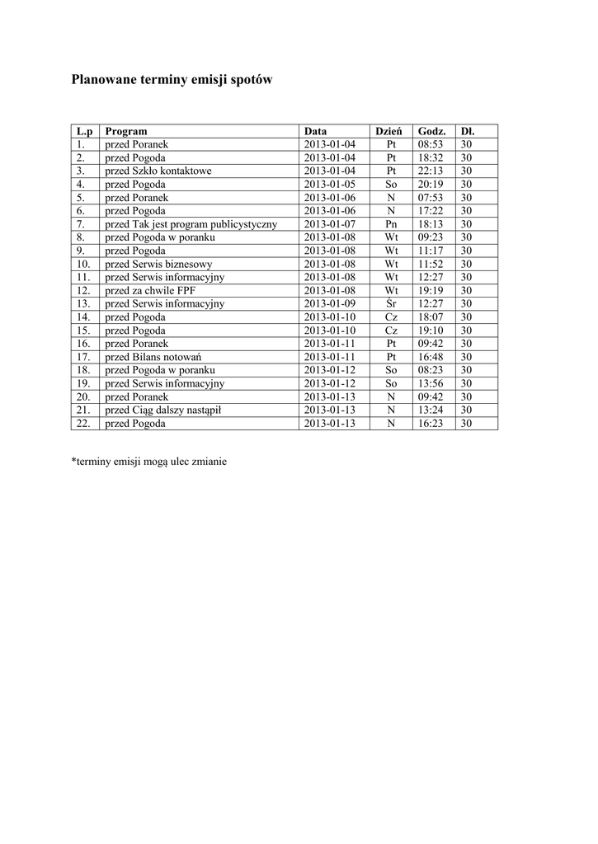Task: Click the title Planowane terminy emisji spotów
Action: [172, 81]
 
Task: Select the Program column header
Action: [126, 131]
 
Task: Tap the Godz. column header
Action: [431, 131]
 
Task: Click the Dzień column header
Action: [388, 131]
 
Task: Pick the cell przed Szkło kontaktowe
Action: [158, 171]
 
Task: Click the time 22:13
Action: [431, 171]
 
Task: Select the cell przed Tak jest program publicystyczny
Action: [191, 224]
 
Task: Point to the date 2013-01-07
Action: [329, 224]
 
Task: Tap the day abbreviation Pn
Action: [391, 224]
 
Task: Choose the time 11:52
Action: [431, 264]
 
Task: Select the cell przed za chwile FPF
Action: [150, 290]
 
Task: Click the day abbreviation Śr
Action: [391, 303]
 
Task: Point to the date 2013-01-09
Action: [329, 303]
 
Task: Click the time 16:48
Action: [431, 357]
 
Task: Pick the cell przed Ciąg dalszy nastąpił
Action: [163, 410]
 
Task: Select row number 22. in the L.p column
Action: [82, 424]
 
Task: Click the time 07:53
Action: [431, 198]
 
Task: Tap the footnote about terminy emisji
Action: [149, 462]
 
